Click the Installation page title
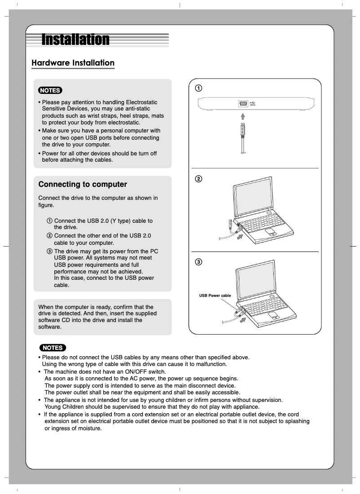pyautogui.click(x=75, y=40)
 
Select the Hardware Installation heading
pyautogui.click(x=73, y=63)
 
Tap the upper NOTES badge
pyautogui.click(x=50, y=90)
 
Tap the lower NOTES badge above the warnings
pyautogui.click(x=53, y=348)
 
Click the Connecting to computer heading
pyautogui.click(x=83, y=185)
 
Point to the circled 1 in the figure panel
pyautogui.click(x=198, y=88)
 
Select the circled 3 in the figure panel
pyautogui.click(x=198, y=262)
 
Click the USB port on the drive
pyautogui.click(x=242, y=104)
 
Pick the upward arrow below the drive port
pyautogui.click(x=242, y=116)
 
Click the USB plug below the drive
pyautogui.click(x=242, y=131)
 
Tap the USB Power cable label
pyautogui.click(x=215, y=296)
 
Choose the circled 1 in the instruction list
pyautogui.click(x=49, y=221)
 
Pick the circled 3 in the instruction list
pyautogui.click(x=49, y=251)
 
